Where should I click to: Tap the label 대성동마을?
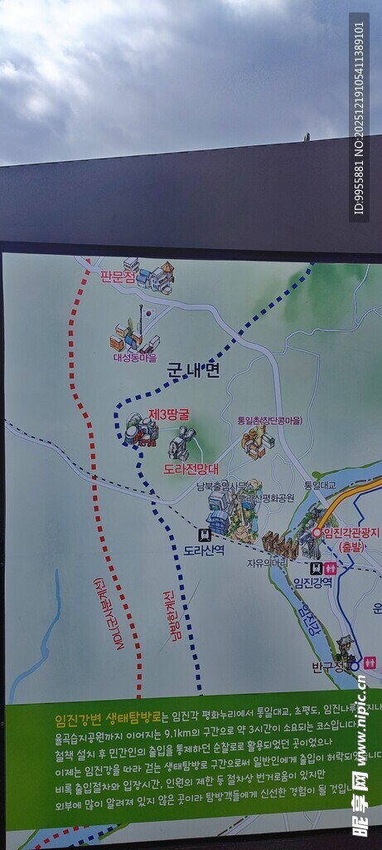click(x=135, y=359)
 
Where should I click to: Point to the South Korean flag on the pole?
click(x=147, y=314)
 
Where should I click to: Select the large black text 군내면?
click(x=193, y=371)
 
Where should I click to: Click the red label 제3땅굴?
click(x=169, y=413)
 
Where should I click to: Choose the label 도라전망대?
click(x=191, y=469)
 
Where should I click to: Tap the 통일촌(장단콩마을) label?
click(x=269, y=421)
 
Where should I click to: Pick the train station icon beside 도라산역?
click(x=205, y=535)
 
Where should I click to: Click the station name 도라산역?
click(x=204, y=550)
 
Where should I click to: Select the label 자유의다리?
click(x=266, y=563)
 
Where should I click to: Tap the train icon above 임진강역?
click(x=315, y=569)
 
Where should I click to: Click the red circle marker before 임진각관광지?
click(x=317, y=533)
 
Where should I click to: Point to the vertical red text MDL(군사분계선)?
click(x=108, y=613)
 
